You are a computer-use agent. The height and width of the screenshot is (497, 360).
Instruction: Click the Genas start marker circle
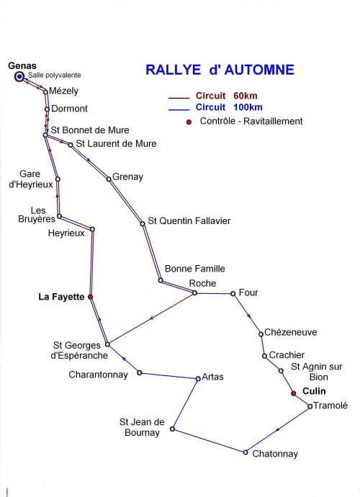pos(19,76)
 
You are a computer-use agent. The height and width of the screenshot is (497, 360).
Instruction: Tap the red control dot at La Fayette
pos(90,297)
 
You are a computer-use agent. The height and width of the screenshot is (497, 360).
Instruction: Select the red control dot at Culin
pos(294,393)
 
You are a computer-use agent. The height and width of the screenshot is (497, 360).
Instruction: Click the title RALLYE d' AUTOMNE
pos(220,70)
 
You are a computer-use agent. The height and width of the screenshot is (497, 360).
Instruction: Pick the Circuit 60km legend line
pos(179,98)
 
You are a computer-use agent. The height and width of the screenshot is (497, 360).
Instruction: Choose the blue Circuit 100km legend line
pos(179,109)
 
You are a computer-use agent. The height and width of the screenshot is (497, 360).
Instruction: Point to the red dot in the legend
pos(189,122)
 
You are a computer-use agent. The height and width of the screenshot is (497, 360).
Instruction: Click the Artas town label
pos(212,377)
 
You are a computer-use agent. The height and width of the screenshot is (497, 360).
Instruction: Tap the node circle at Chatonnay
pos(246,452)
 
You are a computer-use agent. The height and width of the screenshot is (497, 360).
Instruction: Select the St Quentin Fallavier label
pos(189,221)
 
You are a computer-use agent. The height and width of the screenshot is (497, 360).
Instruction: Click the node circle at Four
pos(233,294)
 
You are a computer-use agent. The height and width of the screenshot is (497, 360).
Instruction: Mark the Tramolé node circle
pos(310,406)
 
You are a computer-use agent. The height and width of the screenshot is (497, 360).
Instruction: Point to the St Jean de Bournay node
pos(172,429)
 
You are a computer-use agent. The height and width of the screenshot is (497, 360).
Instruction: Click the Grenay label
pos(127,177)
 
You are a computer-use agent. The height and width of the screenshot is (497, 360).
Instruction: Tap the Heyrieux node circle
pos(92,229)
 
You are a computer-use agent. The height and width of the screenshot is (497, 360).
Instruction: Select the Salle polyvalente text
pos(55,76)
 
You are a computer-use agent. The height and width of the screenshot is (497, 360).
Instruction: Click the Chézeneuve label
pos(291,332)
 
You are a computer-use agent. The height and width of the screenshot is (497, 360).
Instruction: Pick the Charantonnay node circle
pos(140,373)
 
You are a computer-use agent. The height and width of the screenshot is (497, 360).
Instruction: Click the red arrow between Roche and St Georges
pos(151,318)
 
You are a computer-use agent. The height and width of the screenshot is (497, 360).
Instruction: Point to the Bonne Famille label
pos(195,269)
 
